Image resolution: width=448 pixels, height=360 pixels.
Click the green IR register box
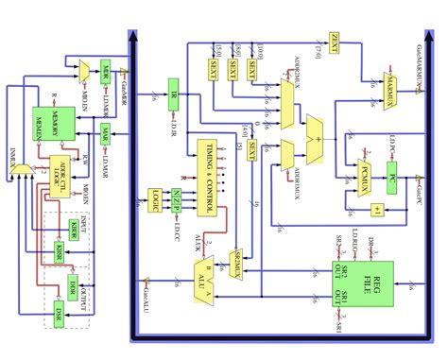pos(173,94)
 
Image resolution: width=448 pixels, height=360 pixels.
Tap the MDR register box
pos(106,74)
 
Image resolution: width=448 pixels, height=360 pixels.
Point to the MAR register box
pos(106,133)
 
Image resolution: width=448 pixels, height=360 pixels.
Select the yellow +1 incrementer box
pos(376,209)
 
